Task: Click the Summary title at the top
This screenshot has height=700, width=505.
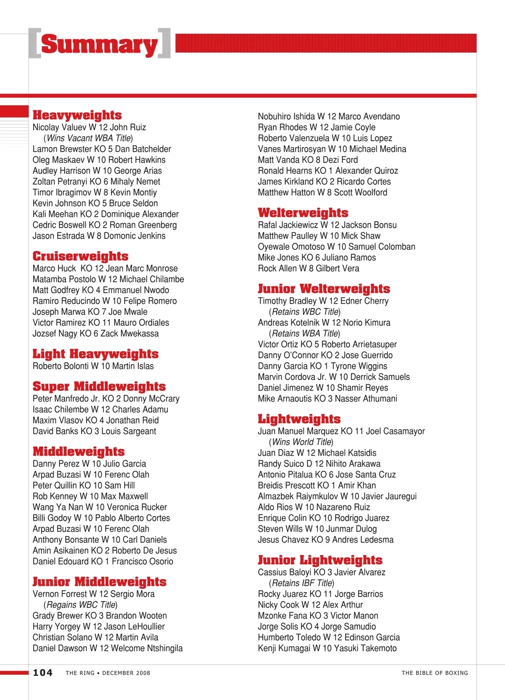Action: point(99,44)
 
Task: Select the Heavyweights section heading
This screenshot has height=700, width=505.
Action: point(77,115)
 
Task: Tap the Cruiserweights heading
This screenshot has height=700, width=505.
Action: point(80,256)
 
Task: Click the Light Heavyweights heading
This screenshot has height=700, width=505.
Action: point(95,354)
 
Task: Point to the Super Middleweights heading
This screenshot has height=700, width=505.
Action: point(99,386)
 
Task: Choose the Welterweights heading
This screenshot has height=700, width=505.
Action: point(303,213)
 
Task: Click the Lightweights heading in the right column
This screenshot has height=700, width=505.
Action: point(299,419)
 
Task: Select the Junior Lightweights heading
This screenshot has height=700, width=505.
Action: point(320,560)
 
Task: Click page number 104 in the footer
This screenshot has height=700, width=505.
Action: point(43,673)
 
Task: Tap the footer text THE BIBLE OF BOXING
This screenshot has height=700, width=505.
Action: point(435,673)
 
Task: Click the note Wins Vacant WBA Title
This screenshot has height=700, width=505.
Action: point(88,138)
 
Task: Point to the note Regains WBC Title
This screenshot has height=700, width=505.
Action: point(80,605)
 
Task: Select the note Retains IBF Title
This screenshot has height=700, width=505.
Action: point(301,583)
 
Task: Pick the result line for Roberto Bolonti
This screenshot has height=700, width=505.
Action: point(93,366)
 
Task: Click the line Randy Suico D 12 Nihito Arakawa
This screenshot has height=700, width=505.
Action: point(319,464)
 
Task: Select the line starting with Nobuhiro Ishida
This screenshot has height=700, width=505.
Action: point(329,117)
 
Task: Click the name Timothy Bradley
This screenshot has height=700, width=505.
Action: point(287,301)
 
